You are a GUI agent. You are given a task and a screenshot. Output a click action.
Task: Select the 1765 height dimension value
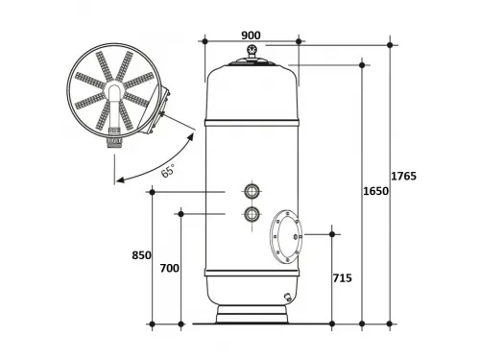point(403,176)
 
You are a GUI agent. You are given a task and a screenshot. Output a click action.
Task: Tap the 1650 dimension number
point(375,192)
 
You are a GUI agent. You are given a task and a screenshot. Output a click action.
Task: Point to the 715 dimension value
point(342,278)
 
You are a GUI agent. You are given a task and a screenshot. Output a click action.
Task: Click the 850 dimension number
point(141,255)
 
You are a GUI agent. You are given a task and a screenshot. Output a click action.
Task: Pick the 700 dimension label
point(169,269)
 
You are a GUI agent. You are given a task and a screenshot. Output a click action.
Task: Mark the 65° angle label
point(168,171)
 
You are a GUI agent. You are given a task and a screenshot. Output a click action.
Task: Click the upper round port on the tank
point(252,191)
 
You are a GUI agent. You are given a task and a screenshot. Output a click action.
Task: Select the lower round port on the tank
point(252,214)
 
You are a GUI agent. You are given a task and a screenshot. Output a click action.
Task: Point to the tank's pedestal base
point(252,315)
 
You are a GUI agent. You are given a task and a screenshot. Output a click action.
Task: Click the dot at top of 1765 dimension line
point(390,44)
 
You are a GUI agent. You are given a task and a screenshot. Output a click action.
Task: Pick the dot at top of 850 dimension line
point(152,192)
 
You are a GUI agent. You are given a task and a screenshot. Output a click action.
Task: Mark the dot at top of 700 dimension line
point(180,213)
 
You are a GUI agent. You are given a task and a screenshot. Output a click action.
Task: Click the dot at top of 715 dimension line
point(332,233)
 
